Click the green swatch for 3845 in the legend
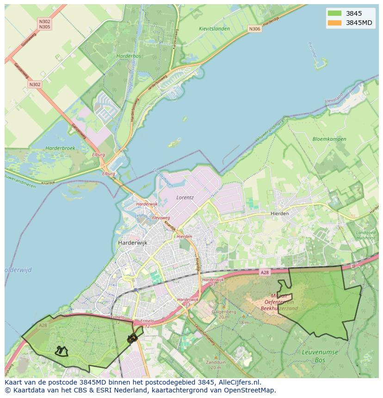click(x=334, y=13)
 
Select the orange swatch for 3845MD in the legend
click(x=334, y=23)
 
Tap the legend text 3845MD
click(x=359, y=23)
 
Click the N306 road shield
click(x=254, y=29)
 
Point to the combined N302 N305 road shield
click(x=45, y=24)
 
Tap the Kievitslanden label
click(x=214, y=29)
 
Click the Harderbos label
click(x=129, y=56)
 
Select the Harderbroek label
click(x=60, y=148)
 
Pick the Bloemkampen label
click(x=329, y=139)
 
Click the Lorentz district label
click(x=185, y=197)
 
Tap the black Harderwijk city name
click(x=132, y=242)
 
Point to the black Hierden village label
click(x=279, y=214)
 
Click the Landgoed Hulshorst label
click(x=365, y=235)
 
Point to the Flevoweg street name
click(x=161, y=218)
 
